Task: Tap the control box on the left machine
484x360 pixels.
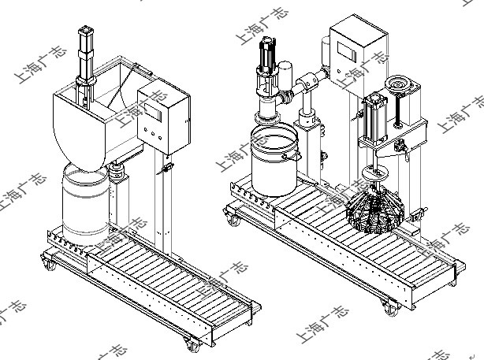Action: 165,122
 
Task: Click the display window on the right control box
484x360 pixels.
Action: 348,48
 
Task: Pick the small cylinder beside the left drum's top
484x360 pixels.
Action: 118,172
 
